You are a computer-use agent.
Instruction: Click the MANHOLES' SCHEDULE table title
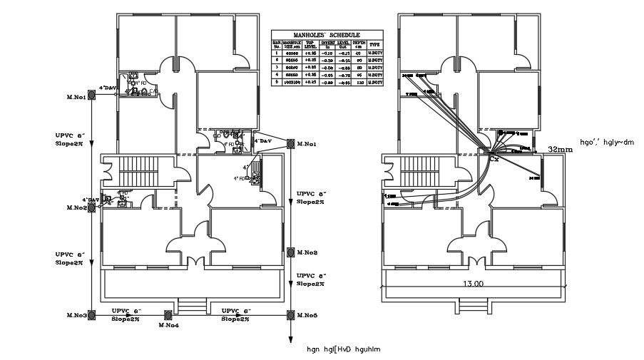point(327,34)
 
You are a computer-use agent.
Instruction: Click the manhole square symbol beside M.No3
point(92,315)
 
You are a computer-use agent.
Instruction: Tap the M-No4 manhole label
point(168,325)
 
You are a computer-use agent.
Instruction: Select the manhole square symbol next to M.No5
point(290,315)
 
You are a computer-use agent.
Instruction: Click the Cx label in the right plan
point(494,159)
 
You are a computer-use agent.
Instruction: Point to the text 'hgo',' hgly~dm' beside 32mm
point(607,143)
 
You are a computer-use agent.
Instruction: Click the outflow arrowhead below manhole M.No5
point(290,340)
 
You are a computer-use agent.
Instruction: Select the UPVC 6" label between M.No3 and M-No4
point(127,312)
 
